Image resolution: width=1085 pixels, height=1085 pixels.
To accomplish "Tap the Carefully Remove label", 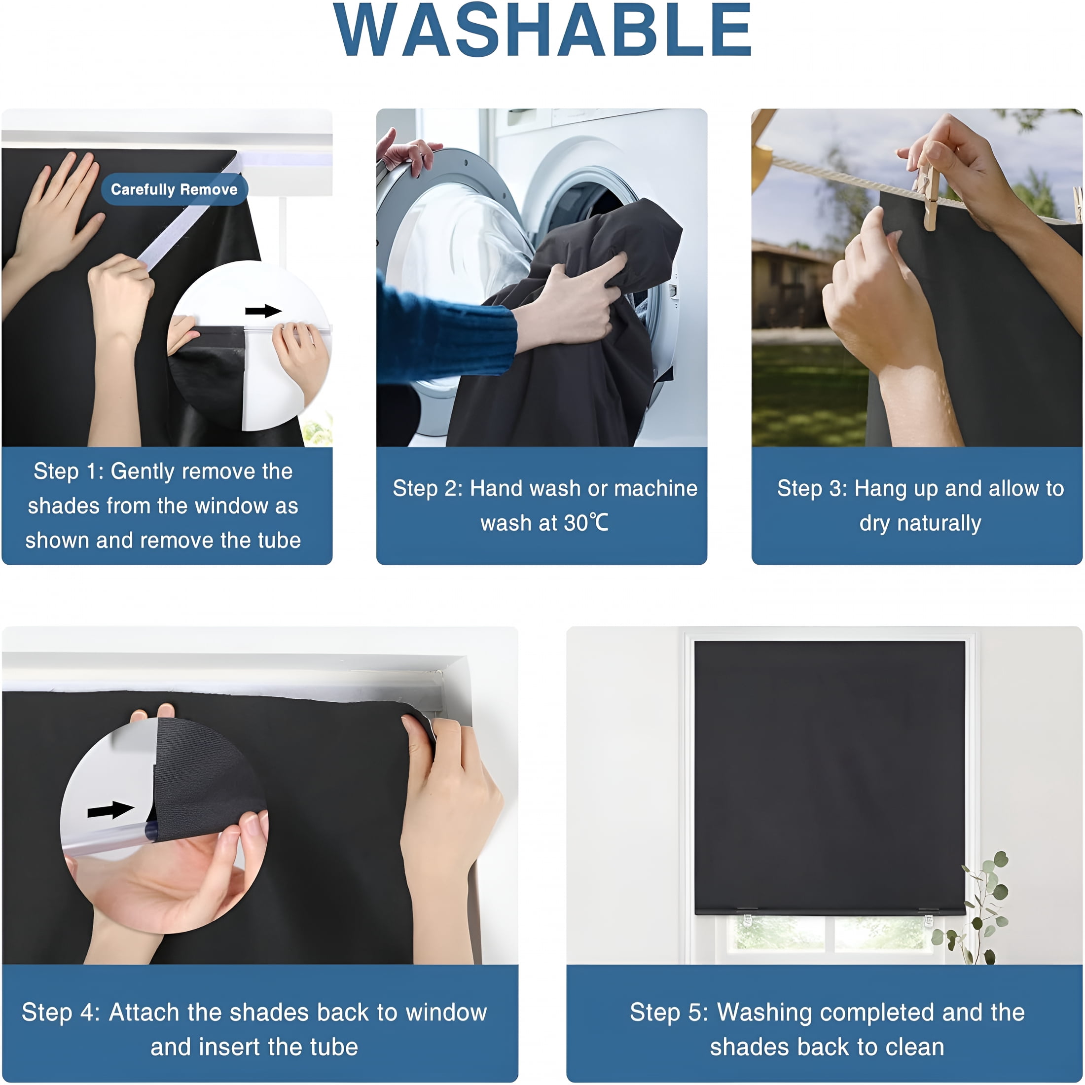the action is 174,189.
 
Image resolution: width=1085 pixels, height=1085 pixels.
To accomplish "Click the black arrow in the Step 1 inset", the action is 263,311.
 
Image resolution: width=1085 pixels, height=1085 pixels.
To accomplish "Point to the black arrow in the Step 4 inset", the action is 110,810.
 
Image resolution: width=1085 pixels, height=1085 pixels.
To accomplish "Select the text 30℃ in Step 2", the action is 586,523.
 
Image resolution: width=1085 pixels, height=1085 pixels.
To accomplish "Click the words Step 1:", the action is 69,470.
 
